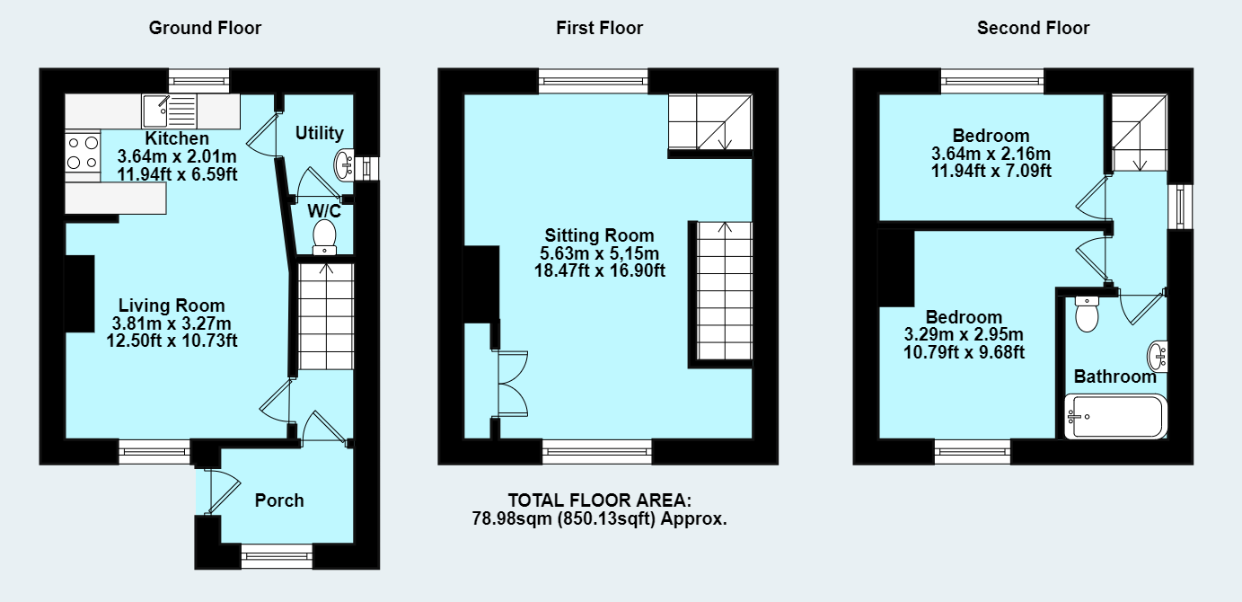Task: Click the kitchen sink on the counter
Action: (170, 112)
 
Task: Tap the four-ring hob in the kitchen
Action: (82, 152)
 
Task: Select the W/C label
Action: (323, 211)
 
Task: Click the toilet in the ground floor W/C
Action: (323, 235)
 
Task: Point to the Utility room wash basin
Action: (343, 164)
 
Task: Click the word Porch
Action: (279, 500)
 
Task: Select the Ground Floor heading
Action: (205, 28)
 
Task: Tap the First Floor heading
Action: (599, 28)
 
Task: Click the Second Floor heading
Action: (1033, 28)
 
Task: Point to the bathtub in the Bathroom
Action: (1114, 417)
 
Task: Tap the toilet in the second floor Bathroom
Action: (1087, 315)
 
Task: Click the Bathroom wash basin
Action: (1158, 357)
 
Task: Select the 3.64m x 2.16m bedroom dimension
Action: (991, 154)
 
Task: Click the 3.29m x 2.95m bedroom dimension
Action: (964, 335)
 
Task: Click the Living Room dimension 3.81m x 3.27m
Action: (171, 323)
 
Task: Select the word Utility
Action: (320, 133)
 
